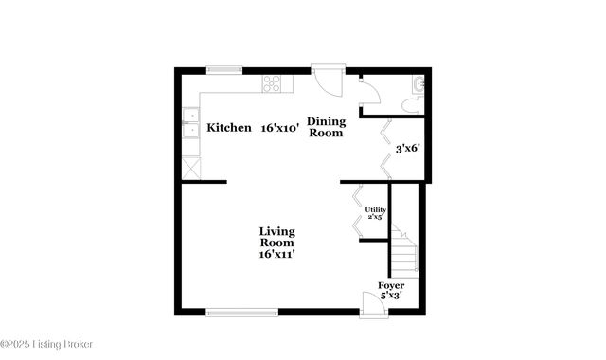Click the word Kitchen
point(229,128)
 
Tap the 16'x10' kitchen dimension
point(281,128)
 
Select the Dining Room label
point(325,127)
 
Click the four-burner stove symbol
point(272,83)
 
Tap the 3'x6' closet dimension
point(407,148)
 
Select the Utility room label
point(375,213)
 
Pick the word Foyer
point(391,285)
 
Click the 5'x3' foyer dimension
point(391,296)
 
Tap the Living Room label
point(277,238)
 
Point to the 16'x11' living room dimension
point(277,254)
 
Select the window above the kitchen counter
point(224,68)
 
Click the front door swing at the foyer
point(371,302)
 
